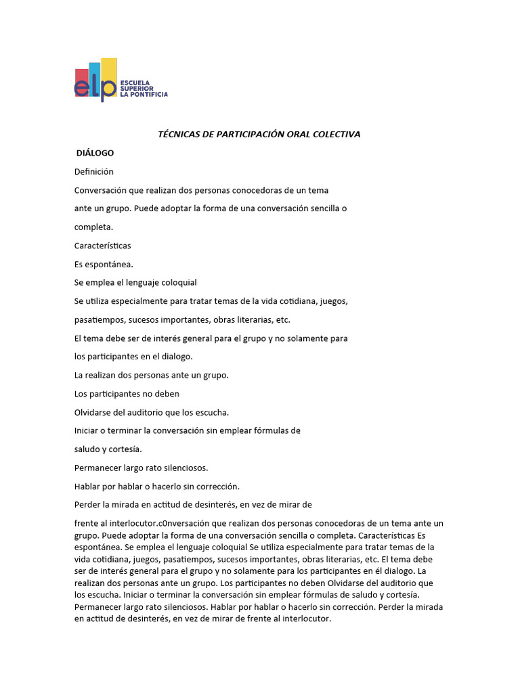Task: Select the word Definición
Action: pyautogui.click(x=94, y=172)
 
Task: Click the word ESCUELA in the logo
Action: pyautogui.click(x=133, y=83)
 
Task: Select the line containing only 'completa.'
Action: pyautogui.click(x=93, y=227)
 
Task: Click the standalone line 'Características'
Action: pyautogui.click(x=103, y=246)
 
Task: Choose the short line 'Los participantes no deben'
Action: pyautogui.click(x=127, y=393)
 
